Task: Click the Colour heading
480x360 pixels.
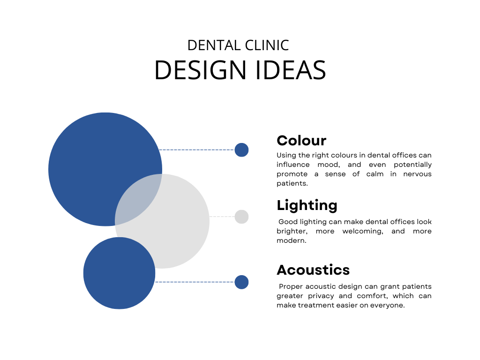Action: coord(301,141)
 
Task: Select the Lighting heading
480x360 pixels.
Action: coord(307,206)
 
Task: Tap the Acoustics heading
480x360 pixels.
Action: coord(313,270)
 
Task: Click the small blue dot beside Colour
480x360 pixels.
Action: coord(241,150)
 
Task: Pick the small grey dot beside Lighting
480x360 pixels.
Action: coord(241,217)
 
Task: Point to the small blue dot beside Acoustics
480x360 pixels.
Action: coord(241,282)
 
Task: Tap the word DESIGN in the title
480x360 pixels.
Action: coord(201,70)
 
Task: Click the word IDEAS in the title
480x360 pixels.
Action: coord(290,70)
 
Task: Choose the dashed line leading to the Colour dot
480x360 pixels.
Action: coord(197,150)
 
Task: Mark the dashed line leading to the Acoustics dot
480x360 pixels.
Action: coord(195,282)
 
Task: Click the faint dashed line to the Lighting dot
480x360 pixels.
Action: coord(222,217)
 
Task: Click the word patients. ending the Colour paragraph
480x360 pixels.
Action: coord(292,184)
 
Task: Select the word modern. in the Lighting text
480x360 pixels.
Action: coord(292,240)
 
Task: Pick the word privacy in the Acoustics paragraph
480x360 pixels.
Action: coord(321,296)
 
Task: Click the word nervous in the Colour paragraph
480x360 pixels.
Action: coord(417,174)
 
